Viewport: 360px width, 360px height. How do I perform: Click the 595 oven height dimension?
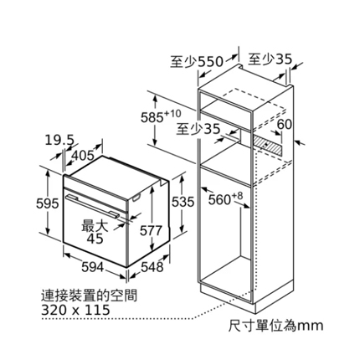click(48, 203)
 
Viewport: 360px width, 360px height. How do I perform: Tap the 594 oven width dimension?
click(93, 267)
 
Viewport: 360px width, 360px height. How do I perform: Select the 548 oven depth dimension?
click(152, 267)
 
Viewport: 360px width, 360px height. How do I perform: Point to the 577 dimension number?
click(151, 230)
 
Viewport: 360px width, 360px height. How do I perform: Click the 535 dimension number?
click(183, 202)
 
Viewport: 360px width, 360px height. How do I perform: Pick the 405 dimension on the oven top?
click(83, 155)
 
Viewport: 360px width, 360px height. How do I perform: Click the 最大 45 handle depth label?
click(95, 232)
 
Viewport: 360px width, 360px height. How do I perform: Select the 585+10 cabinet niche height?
click(161, 116)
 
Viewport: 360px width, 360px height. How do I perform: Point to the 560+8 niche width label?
click(225, 198)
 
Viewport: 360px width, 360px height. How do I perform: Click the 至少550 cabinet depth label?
click(197, 62)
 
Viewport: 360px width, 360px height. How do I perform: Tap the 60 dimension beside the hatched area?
click(284, 125)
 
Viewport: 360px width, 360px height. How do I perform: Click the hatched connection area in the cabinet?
click(267, 145)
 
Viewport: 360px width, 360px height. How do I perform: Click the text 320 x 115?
click(75, 310)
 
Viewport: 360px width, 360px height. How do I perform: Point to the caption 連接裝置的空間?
click(90, 296)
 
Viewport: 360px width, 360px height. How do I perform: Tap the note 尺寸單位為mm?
click(275, 326)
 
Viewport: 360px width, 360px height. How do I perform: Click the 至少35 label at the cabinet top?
click(270, 59)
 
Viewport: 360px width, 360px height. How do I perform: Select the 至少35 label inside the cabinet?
click(198, 129)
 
